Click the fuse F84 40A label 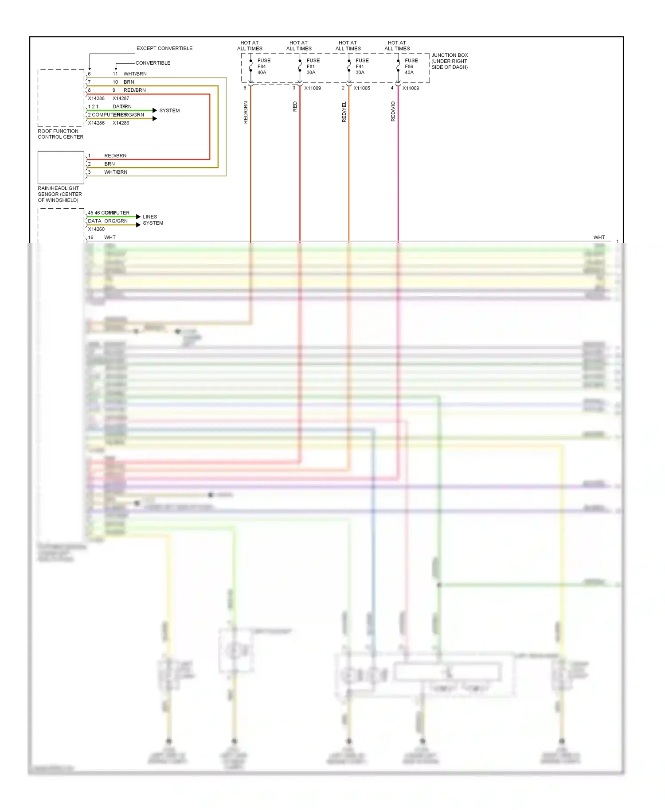tap(263, 66)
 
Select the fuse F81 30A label tap(313, 66)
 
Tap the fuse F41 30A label tap(361, 66)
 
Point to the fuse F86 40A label tap(411, 66)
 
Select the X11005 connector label tap(361, 88)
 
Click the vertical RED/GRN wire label tap(246, 112)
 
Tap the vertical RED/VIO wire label tap(393, 111)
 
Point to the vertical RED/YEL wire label tap(344, 112)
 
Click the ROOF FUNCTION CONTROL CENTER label tap(60, 134)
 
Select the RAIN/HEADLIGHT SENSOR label tap(60, 194)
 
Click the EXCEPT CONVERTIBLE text tap(164, 48)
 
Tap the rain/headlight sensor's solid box tap(61, 167)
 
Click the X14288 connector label tap(96, 98)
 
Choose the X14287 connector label tap(121, 98)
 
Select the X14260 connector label tap(96, 229)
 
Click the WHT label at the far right tap(599, 238)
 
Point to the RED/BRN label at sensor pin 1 tap(115, 156)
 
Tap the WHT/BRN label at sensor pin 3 tap(116, 172)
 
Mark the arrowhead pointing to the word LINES tap(138, 217)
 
